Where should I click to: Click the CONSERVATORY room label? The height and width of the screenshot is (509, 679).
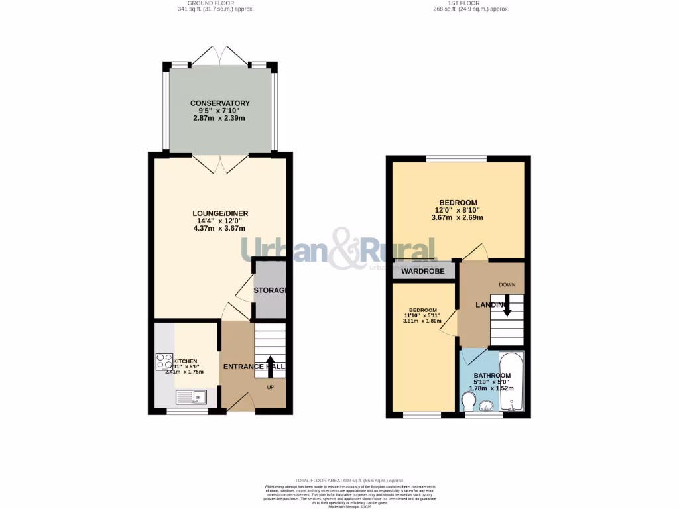(220, 103)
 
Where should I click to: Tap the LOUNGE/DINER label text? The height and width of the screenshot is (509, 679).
(220, 213)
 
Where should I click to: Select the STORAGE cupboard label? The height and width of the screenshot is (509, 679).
(270, 291)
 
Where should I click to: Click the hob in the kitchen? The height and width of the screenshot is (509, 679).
(164, 362)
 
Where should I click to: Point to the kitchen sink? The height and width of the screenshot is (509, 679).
(192, 398)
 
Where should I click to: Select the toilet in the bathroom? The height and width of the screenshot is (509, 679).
(467, 401)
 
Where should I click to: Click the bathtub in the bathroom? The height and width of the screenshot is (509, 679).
(511, 382)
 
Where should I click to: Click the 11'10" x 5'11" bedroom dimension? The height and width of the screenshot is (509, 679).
(422, 316)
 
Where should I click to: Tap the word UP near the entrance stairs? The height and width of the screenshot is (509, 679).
(271, 387)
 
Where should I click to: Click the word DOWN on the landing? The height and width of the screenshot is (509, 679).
(507, 285)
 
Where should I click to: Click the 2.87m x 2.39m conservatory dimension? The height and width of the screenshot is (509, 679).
(220, 118)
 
